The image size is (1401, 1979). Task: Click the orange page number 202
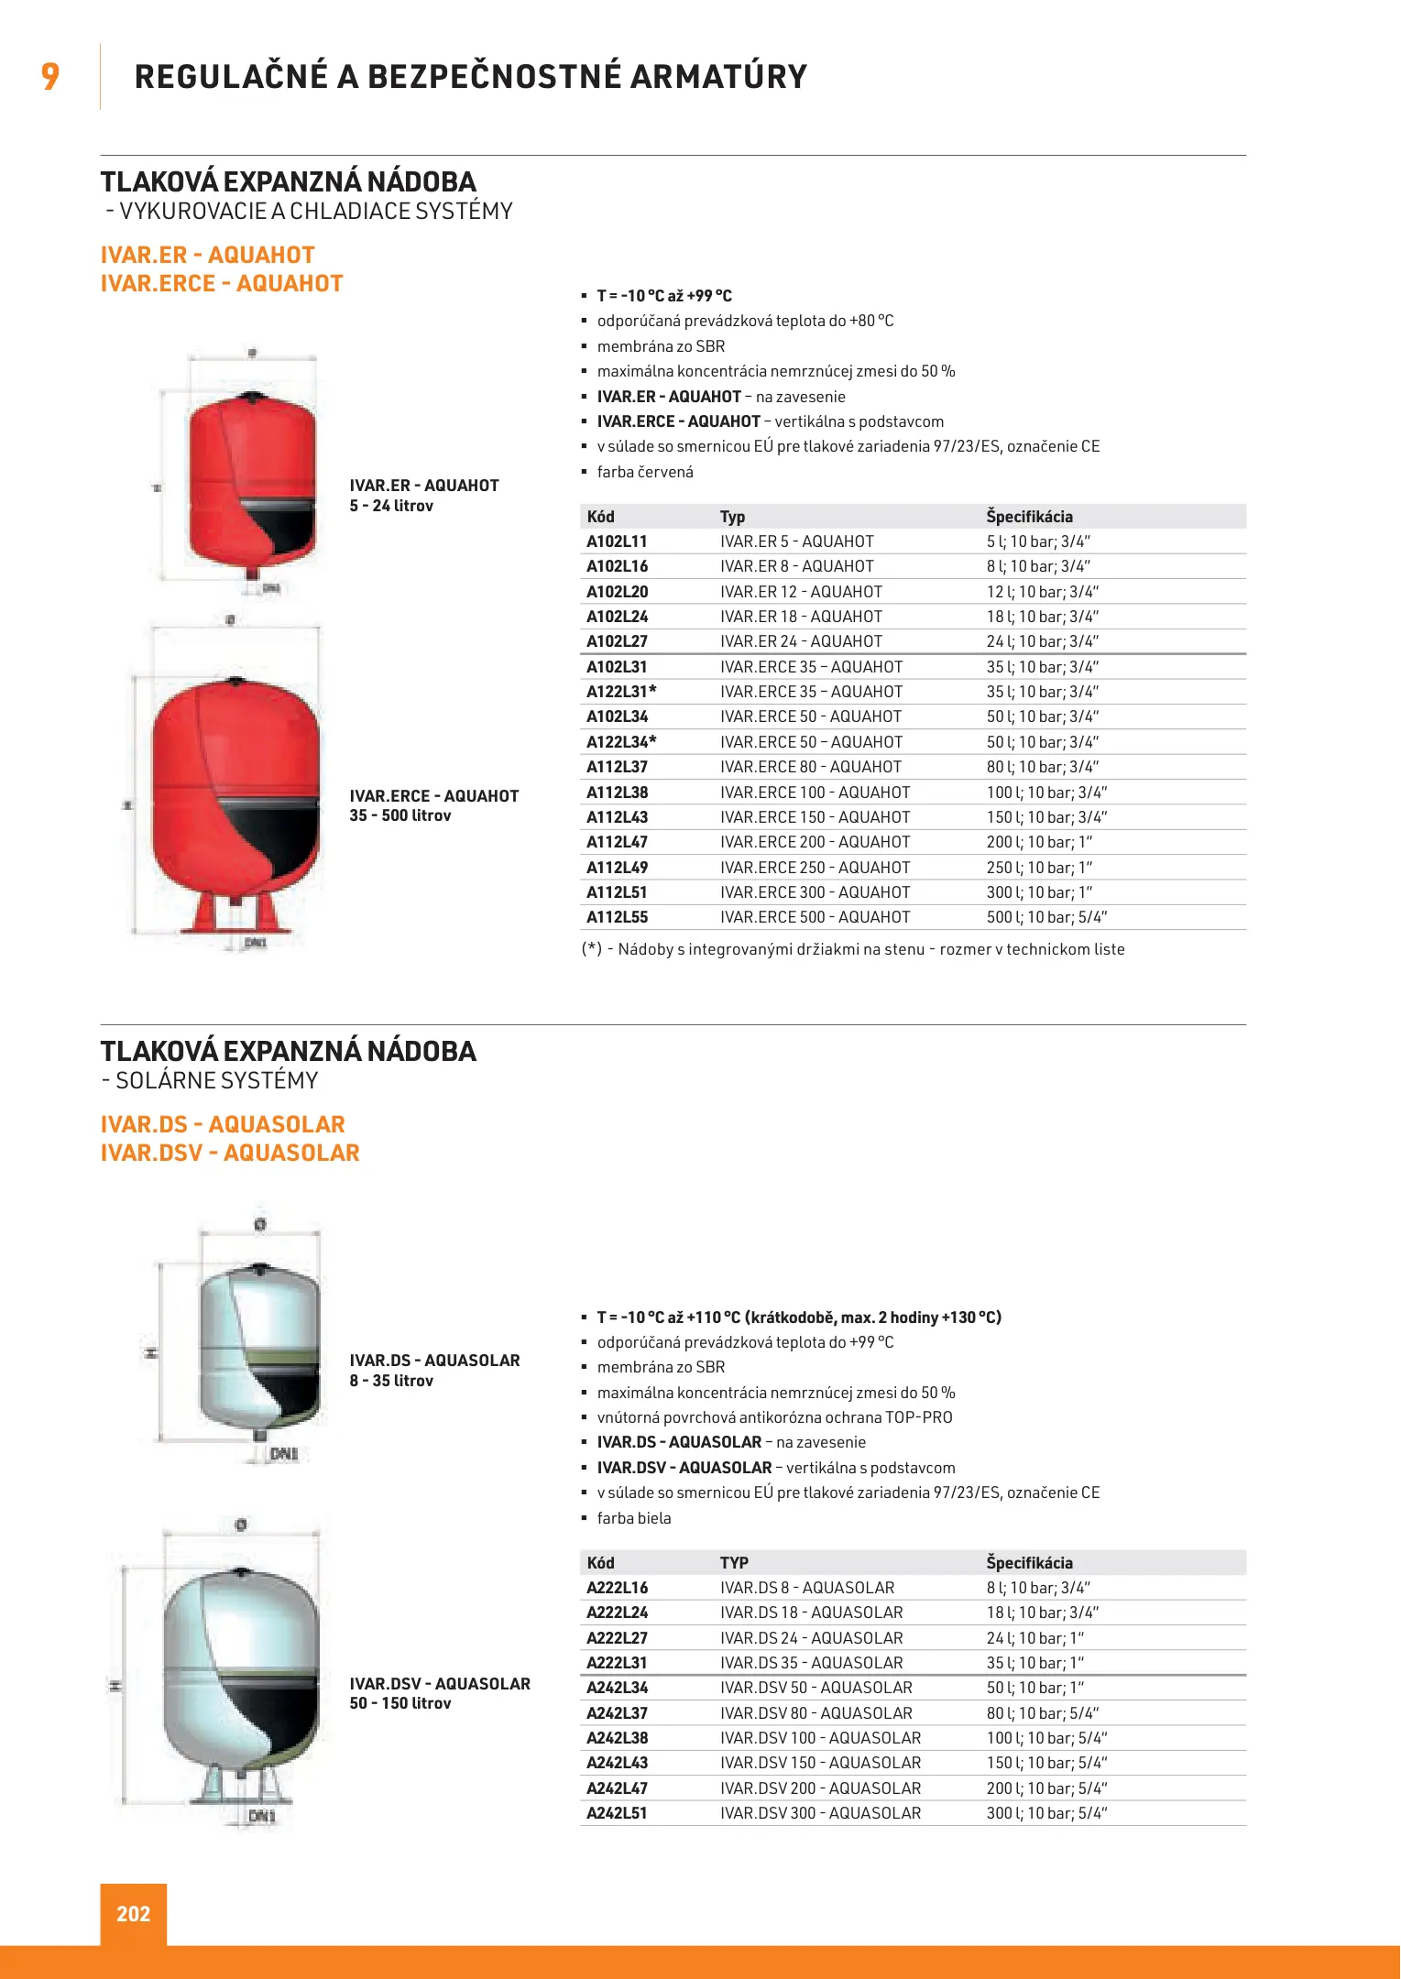pyautogui.click(x=133, y=1913)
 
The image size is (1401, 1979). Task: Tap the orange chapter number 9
pyautogui.click(x=50, y=76)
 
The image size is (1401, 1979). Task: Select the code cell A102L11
pyautogui.click(x=617, y=541)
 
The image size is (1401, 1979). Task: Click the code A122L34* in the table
pyautogui.click(x=621, y=742)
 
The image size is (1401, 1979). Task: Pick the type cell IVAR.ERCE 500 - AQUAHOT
pyautogui.click(x=815, y=917)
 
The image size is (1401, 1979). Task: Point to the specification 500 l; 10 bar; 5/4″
pyautogui.click(x=1045, y=917)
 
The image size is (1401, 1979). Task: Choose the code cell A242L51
pyautogui.click(x=617, y=1812)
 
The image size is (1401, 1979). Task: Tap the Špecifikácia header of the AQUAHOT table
pyautogui.click(x=1029, y=517)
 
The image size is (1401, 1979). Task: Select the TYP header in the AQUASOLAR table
pyautogui.click(x=733, y=1563)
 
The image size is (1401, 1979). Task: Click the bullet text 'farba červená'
pyautogui.click(x=645, y=472)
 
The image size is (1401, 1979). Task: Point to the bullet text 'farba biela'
pyautogui.click(x=634, y=1518)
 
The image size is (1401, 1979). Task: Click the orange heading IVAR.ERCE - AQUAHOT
pyautogui.click(x=222, y=284)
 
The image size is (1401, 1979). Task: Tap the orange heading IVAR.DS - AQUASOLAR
pyautogui.click(x=223, y=1124)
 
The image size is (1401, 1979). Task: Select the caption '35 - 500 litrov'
pyautogui.click(x=400, y=815)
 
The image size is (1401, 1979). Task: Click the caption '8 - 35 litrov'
pyautogui.click(x=391, y=1381)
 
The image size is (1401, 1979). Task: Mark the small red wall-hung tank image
pyautogui.click(x=251, y=481)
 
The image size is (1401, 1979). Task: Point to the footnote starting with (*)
pyautogui.click(x=852, y=949)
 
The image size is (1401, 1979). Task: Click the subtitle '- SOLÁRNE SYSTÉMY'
pyautogui.click(x=210, y=1081)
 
